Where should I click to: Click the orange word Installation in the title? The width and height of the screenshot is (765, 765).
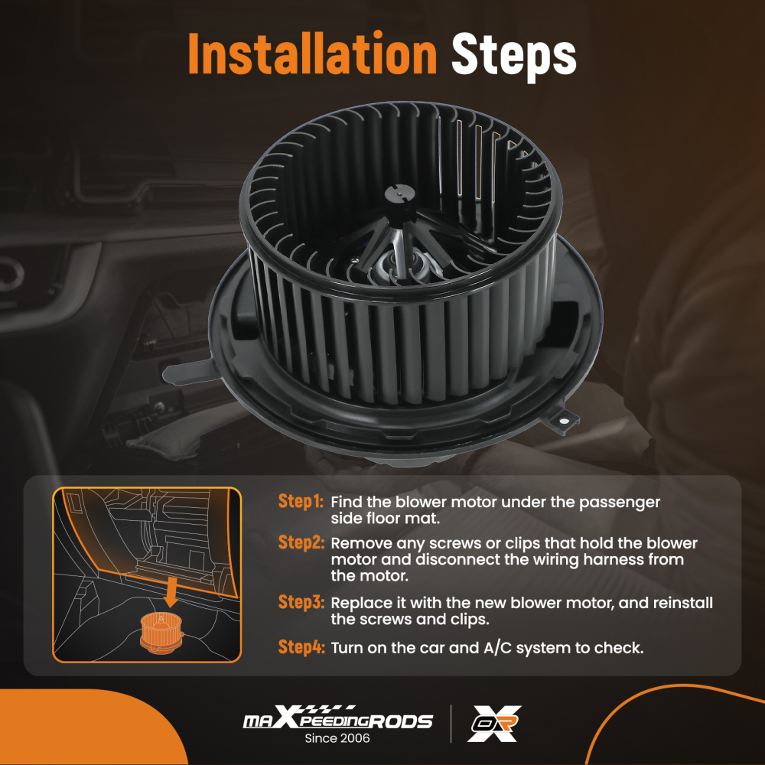(312, 54)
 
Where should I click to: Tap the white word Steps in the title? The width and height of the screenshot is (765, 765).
(514, 57)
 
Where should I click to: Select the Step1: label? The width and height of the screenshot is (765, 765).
(301, 501)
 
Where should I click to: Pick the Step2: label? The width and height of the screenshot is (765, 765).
(301, 542)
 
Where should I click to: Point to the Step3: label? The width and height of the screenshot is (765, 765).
(301, 602)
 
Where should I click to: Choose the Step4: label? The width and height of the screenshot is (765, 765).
(301, 647)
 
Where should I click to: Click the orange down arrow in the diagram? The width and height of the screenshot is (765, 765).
(171, 591)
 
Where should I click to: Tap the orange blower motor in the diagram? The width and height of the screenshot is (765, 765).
(161, 633)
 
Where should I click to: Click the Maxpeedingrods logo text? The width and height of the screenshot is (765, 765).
(337, 718)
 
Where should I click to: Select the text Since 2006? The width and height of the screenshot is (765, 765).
(337, 738)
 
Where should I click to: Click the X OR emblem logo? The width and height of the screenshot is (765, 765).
(493, 723)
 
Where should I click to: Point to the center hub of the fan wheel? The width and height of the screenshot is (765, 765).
(399, 193)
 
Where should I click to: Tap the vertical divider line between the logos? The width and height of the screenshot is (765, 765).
(451, 724)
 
